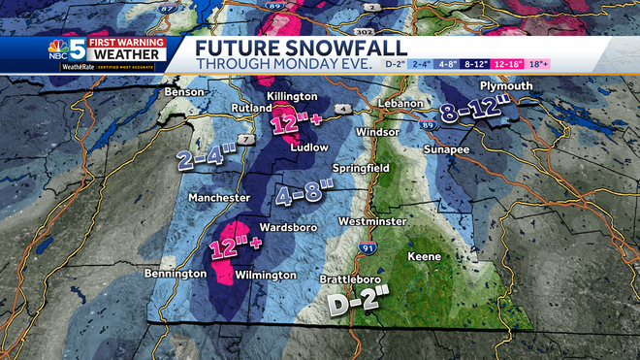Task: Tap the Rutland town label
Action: point(250,108)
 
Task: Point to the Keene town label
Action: point(424,256)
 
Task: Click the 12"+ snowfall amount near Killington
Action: point(294,125)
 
